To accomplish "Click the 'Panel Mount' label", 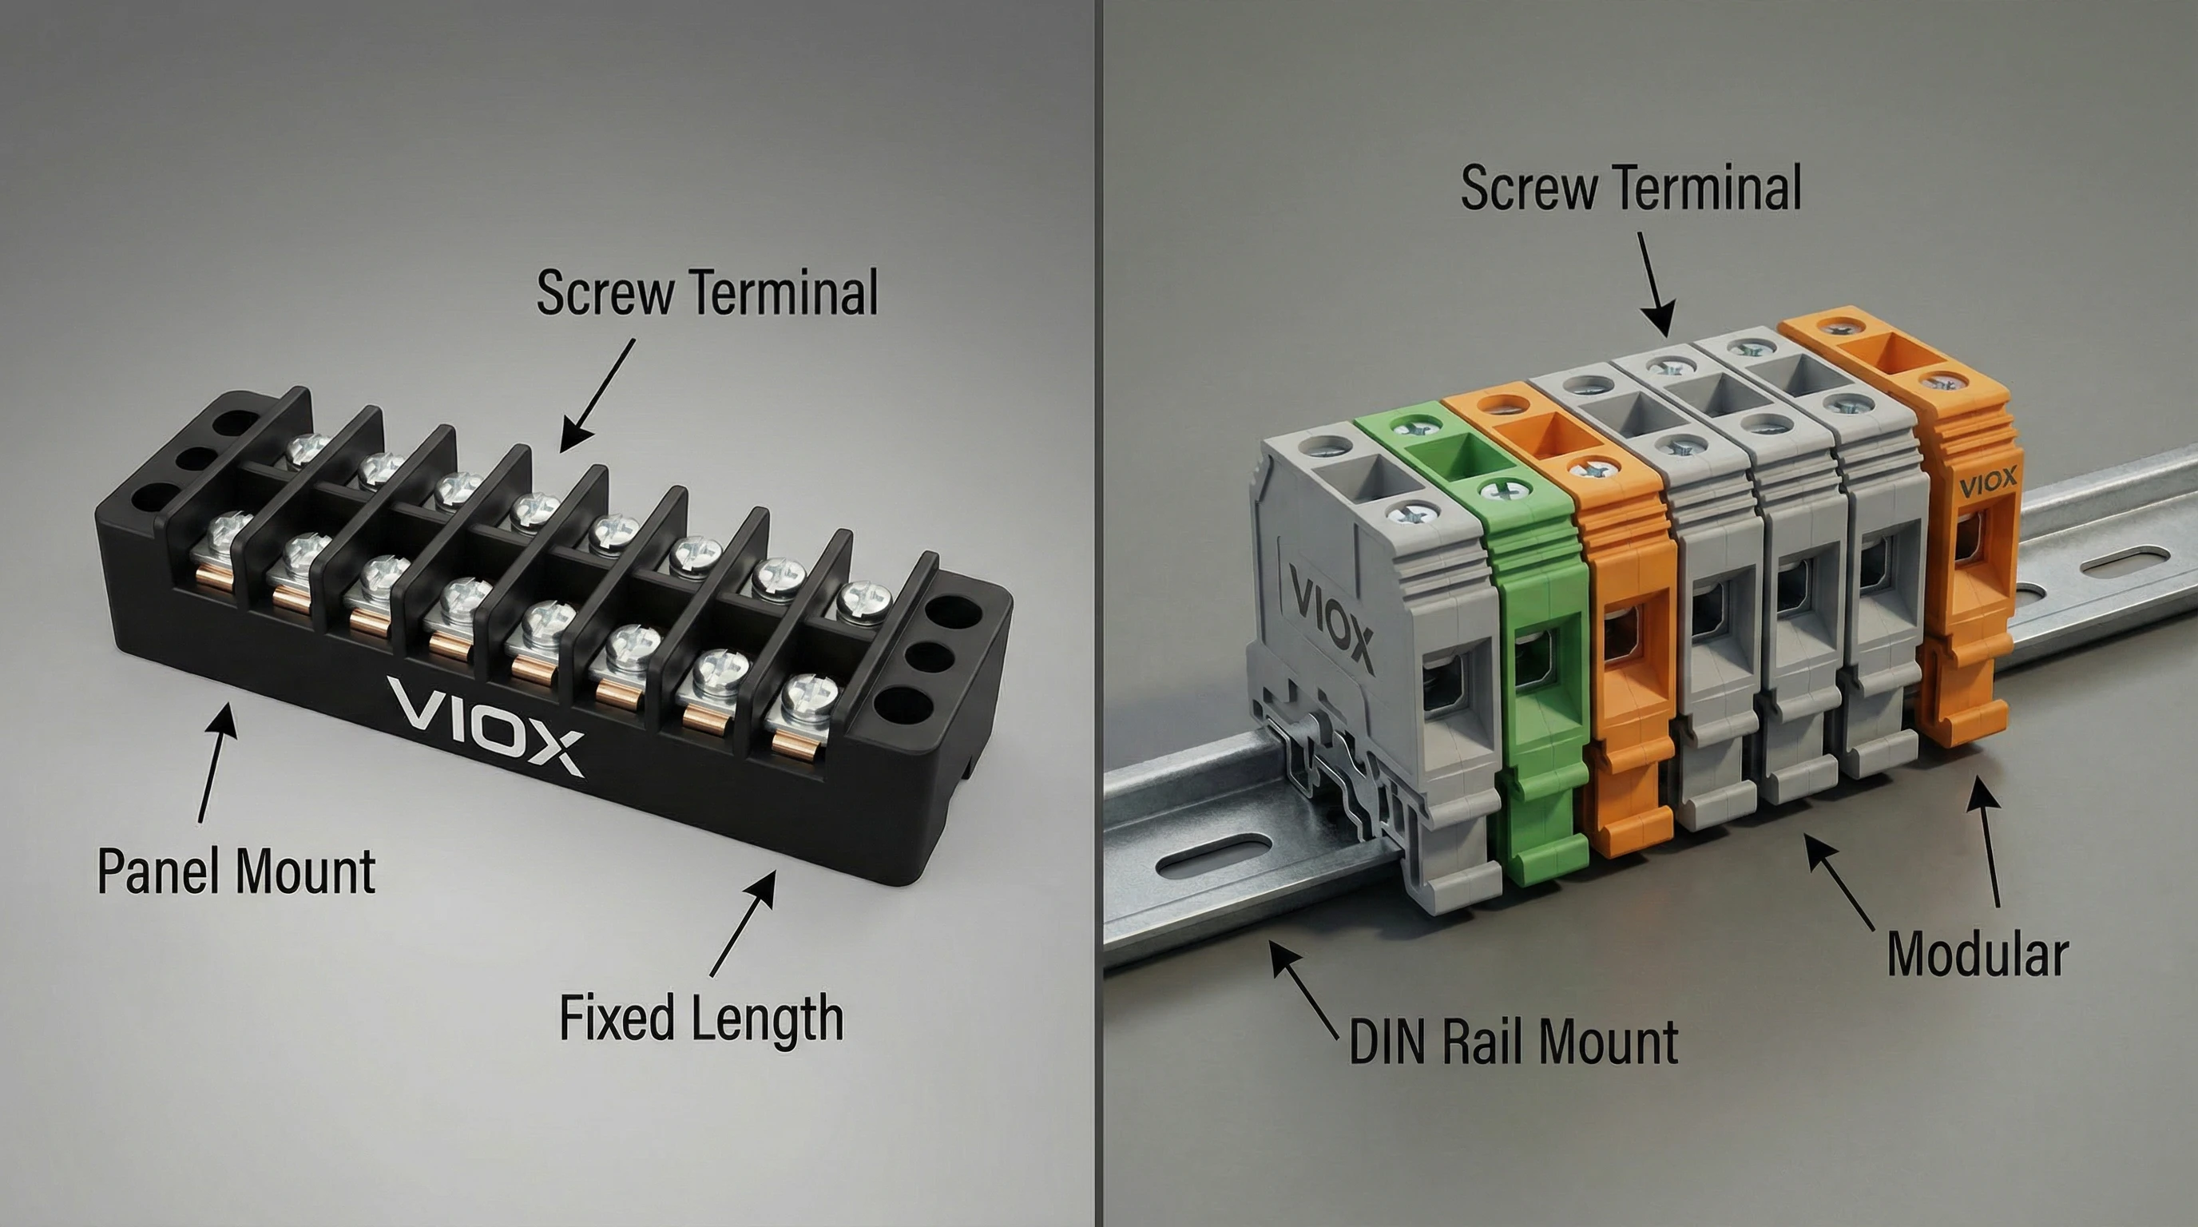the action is click(x=236, y=871).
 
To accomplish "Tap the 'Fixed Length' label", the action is click(x=701, y=1017).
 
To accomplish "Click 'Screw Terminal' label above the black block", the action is click(x=708, y=292).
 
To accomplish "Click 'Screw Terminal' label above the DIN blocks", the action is click(x=1631, y=188).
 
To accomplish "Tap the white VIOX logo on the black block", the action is click(x=485, y=725).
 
